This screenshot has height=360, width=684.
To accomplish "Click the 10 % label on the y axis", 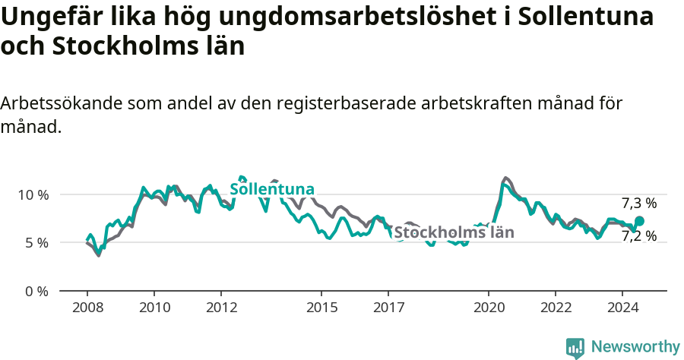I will [x=33, y=194].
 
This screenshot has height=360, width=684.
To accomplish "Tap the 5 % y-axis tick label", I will [x=36, y=243].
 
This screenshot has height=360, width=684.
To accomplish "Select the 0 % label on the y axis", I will [x=36, y=292].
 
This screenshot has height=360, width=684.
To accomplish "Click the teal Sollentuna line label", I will [x=272, y=189].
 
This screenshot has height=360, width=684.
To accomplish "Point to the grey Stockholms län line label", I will [x=454, y=232].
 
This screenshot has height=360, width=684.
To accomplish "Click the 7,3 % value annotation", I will [x=638, y=203].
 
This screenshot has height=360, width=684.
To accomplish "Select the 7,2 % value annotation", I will [x=638, y=236].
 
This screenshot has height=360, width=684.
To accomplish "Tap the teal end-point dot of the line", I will [x=639, y=221].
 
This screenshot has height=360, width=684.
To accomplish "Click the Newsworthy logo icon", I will [x=575, y=347].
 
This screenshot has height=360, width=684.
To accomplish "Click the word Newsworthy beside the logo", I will [x=635, y=347].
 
